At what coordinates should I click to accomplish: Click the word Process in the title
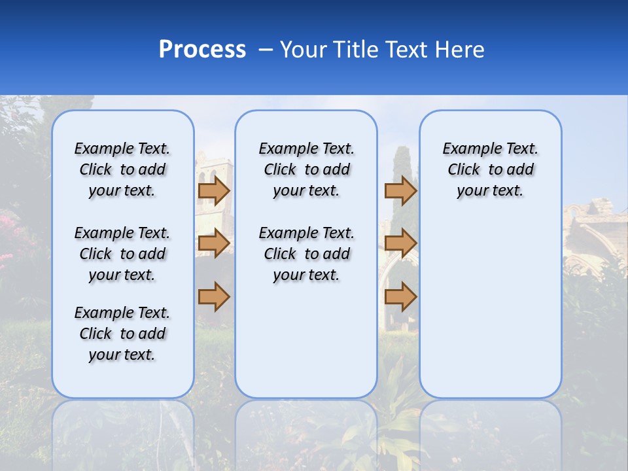[202, 50]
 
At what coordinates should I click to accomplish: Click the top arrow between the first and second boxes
[213, 190]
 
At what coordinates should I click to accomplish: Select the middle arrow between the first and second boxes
[213, 243]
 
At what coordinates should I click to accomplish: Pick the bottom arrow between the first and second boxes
[213, 296]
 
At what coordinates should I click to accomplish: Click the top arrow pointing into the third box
[400, 190]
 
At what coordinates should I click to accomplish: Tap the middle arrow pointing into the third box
[400, 243]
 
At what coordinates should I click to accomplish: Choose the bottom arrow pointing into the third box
[400, 296]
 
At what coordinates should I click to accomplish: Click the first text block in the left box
[122, 169]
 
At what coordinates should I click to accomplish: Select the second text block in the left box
[122, 254]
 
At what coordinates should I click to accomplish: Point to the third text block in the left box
[122, 334]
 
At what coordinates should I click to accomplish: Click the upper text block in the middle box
[306, 169]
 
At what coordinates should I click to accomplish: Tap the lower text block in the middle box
[306, 254]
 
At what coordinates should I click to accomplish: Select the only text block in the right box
[490, 169]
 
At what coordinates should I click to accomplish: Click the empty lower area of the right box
[490, 307]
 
